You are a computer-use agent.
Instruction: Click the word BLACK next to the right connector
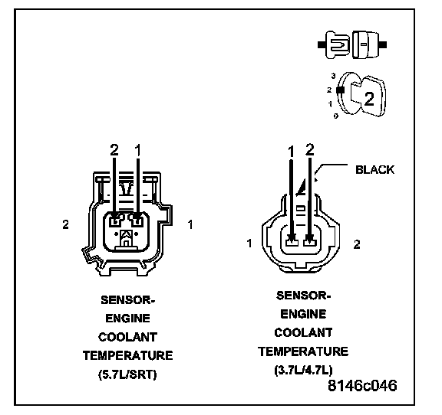click(x=374, y=170)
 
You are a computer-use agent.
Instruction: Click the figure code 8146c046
click(x=362, y=385)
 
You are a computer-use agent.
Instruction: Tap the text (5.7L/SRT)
click(x=127, y=374)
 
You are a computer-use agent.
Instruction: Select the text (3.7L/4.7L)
click(x=303, y=370)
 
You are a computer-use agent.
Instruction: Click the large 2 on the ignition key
click(x=369, y=99)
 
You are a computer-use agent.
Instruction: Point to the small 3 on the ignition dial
click(x=334, y=76)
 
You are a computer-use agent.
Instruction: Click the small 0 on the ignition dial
click(x=336, y=116)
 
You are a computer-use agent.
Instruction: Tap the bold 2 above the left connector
click(x=114, y=150)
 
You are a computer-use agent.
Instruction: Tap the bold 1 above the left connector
click(x=138, y=150)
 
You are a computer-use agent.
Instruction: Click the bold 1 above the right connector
click(x=291, y=152)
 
